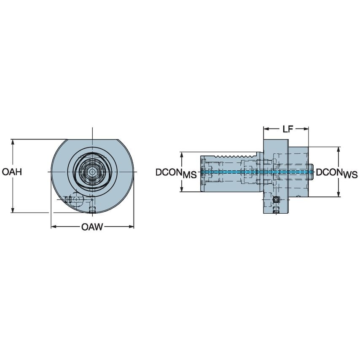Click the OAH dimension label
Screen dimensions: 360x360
12,172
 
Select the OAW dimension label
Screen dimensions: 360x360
92,228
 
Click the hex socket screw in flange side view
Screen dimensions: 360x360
276,199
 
